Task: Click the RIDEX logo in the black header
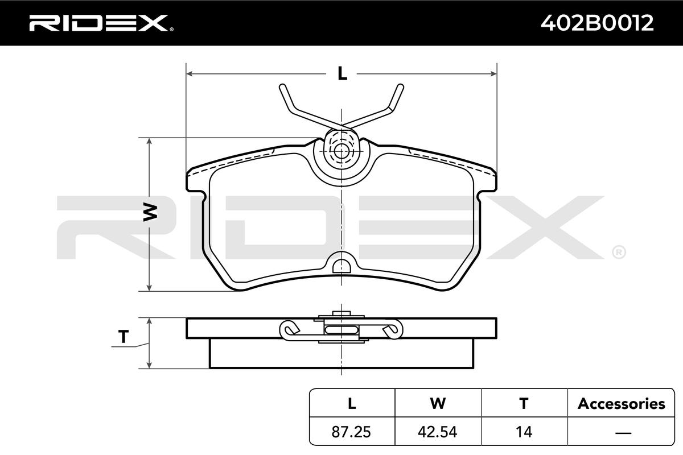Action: coord(101,23)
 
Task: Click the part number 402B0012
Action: coord(597,23)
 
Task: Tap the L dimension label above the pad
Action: coord(342,73)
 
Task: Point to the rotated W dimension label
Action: coord(150,212)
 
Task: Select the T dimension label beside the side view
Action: coord(123,337)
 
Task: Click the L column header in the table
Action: coord(352,403)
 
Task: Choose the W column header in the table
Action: coord(438,403)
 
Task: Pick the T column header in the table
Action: coord(524,403)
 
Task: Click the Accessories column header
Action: coord(621,404)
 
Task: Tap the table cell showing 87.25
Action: coord(351,432)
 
